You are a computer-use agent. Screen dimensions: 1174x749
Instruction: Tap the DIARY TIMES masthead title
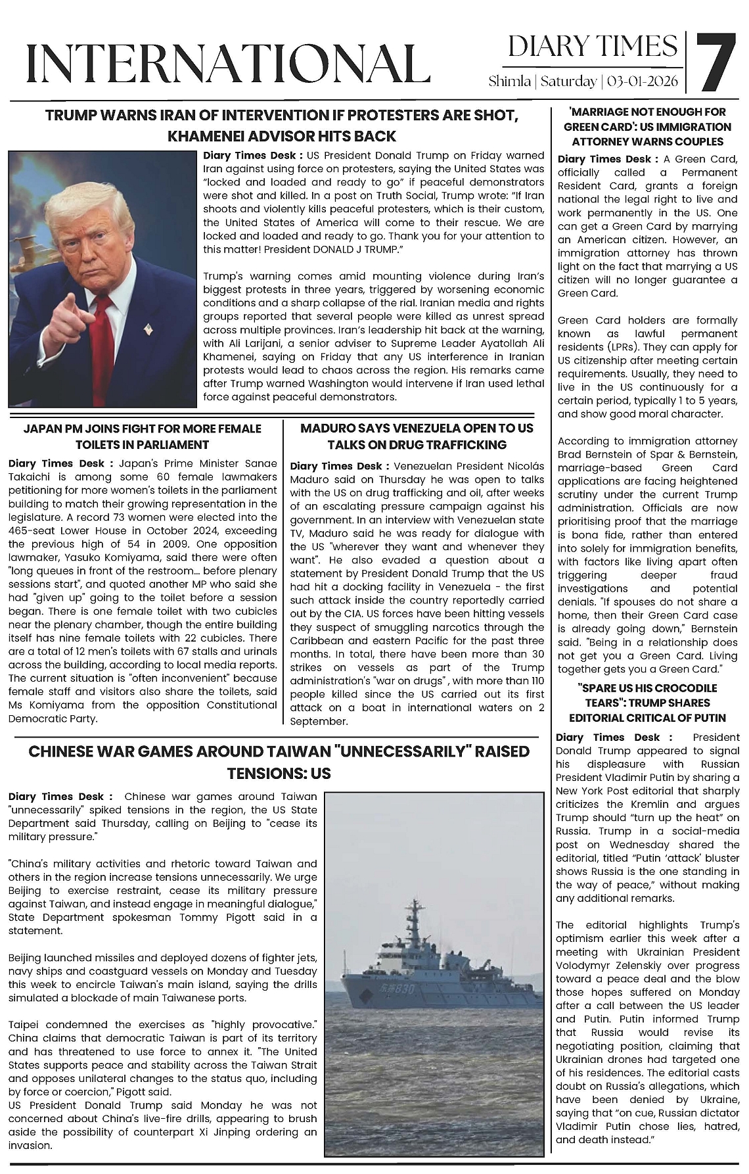pyautogui.click(x=592, y=47)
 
